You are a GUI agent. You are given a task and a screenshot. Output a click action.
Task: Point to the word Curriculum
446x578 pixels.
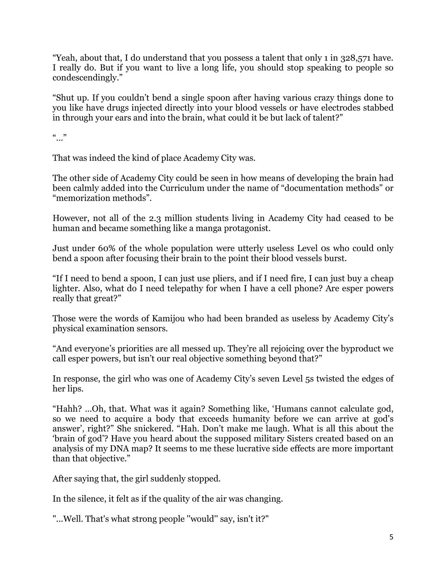tap(182, 188)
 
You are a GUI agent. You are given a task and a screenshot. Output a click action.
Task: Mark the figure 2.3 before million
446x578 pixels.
tap(155, 218)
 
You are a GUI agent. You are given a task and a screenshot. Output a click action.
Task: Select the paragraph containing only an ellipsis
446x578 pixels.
tap(59, 138)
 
